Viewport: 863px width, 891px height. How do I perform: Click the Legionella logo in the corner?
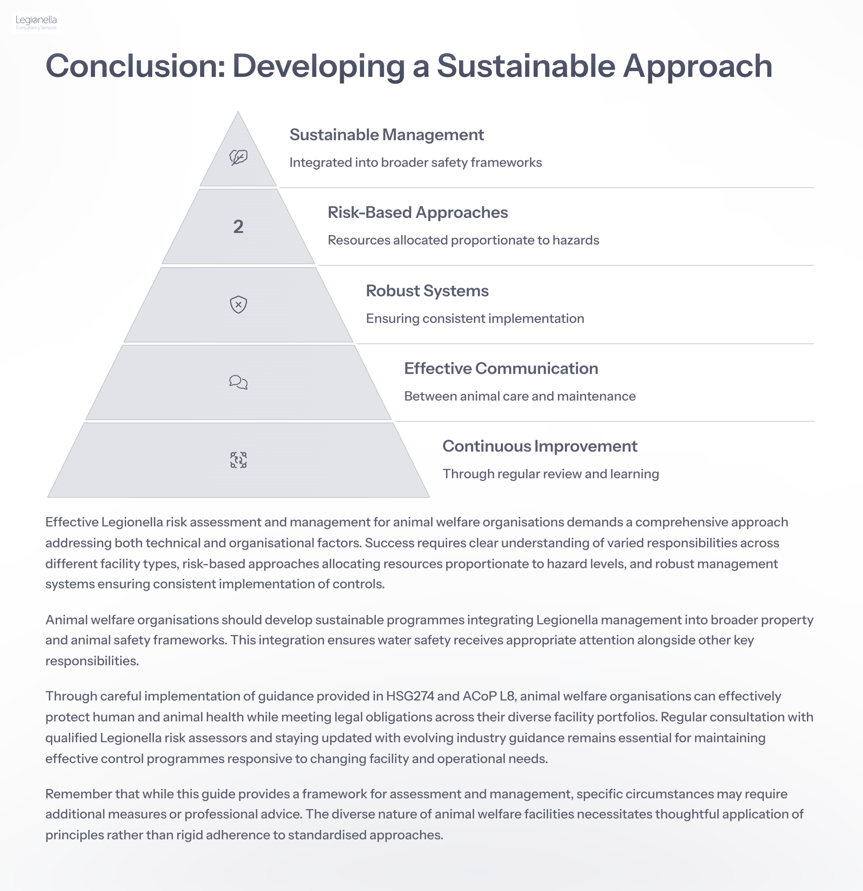coord(36,22)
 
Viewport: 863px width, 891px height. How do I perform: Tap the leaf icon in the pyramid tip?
coord(238,158)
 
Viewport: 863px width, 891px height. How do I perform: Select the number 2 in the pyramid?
coord(238,227)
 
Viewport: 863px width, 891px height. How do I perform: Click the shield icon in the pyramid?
coord(238,305)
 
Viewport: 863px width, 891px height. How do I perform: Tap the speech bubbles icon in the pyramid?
coord(238,382)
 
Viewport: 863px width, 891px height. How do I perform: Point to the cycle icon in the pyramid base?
coord(238,460)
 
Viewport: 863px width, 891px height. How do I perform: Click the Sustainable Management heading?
coord(387,135)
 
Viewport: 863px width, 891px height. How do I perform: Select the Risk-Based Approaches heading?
coord(418,213)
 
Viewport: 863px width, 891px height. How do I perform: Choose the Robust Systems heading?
coord(427,291)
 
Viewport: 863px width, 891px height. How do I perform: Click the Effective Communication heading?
coord(501,369)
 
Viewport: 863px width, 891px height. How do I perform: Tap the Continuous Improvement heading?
coord(540,446)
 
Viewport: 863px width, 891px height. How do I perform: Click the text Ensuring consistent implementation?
coord(475,319)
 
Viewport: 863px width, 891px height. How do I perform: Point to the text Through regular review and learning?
coord(551,474)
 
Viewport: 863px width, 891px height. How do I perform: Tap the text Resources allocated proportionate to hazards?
coord(463,241)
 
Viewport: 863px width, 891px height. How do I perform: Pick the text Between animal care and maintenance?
coord(520,396)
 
